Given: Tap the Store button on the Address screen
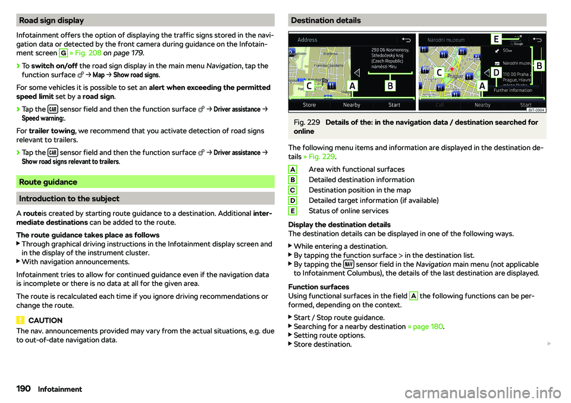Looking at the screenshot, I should tap(309, 105).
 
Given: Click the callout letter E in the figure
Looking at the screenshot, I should tap(495, 39).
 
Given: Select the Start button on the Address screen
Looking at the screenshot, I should tap(394, 105).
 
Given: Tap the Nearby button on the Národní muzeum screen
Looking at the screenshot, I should tap(482, 105).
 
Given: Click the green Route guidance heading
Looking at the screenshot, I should tap(49, 182).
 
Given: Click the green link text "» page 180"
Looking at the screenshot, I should tap(425, 326).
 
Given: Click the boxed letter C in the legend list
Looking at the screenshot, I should tap(294, 190).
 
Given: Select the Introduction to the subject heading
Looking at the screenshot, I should tap(70, 198).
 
